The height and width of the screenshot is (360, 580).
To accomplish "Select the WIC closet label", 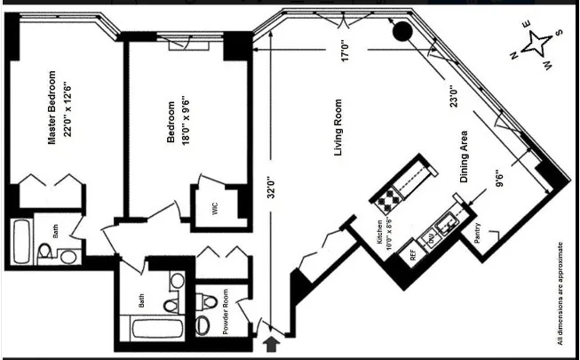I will [x=214, y=209].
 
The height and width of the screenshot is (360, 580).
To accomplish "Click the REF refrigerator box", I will [x=413, y=252].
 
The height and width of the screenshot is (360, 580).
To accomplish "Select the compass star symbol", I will [x=537, y=44].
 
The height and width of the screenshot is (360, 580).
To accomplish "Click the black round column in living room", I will [x=401, y=33].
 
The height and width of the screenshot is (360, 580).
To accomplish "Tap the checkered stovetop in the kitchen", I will [x=391, y=198].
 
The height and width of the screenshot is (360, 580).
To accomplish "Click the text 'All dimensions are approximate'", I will [x=560, y=292].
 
